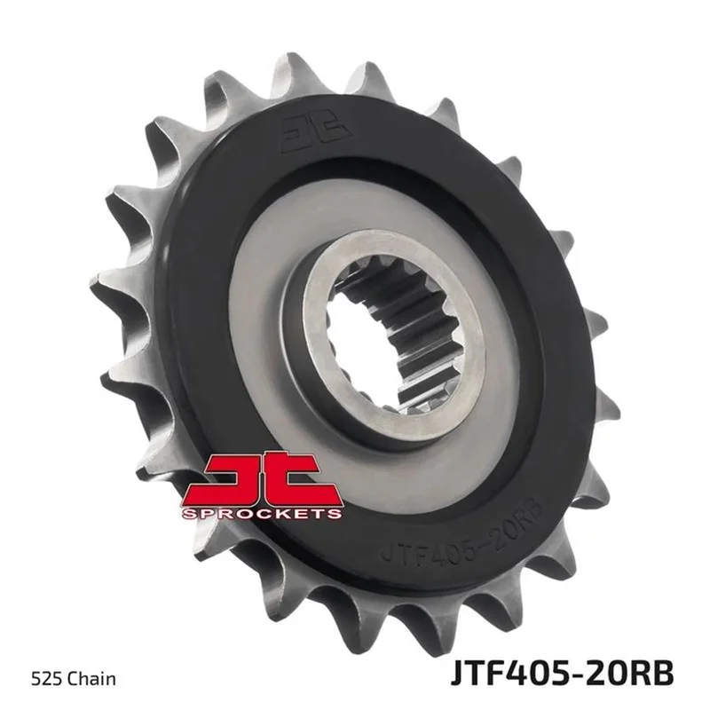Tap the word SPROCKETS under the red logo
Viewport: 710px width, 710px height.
[262, 514]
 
